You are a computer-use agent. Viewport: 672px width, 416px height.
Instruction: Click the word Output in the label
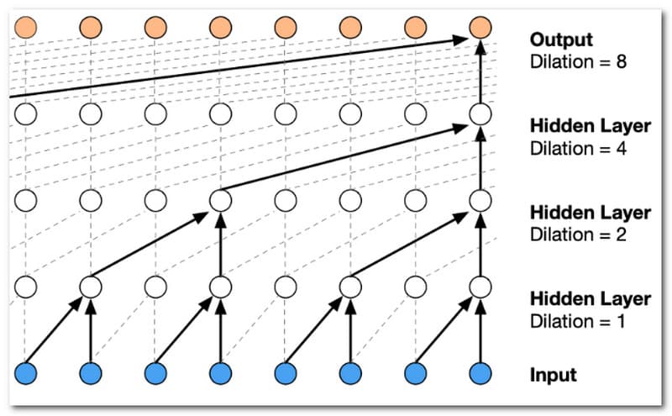click(562, 39)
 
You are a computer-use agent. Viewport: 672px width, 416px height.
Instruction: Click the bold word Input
click(554, 375)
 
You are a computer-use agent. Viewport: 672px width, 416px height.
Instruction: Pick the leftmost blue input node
click(25, 373)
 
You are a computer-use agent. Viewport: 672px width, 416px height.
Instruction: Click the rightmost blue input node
click(480, 373)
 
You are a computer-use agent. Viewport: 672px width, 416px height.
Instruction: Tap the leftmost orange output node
click(25, 27)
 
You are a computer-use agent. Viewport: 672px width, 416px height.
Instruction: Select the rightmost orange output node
click(480, 27)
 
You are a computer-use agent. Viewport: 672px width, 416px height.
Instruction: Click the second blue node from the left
click(90, 373)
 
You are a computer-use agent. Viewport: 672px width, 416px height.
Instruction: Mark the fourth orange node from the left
click(220, 27)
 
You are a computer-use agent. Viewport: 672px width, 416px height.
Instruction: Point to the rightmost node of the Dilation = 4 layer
click(480, 113)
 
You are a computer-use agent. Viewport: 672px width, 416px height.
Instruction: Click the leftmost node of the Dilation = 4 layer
click(25, 113)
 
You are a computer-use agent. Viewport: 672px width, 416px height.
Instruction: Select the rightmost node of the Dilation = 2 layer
click(480, 200)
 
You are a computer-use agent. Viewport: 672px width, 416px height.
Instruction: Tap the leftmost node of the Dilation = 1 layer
click(25, 287)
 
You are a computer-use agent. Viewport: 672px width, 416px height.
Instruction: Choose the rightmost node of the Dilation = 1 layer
click(480, 287)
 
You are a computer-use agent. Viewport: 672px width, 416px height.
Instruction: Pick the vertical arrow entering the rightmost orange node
click(480, 71)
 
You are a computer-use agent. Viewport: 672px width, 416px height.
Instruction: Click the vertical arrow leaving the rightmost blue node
click(480, 330)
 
